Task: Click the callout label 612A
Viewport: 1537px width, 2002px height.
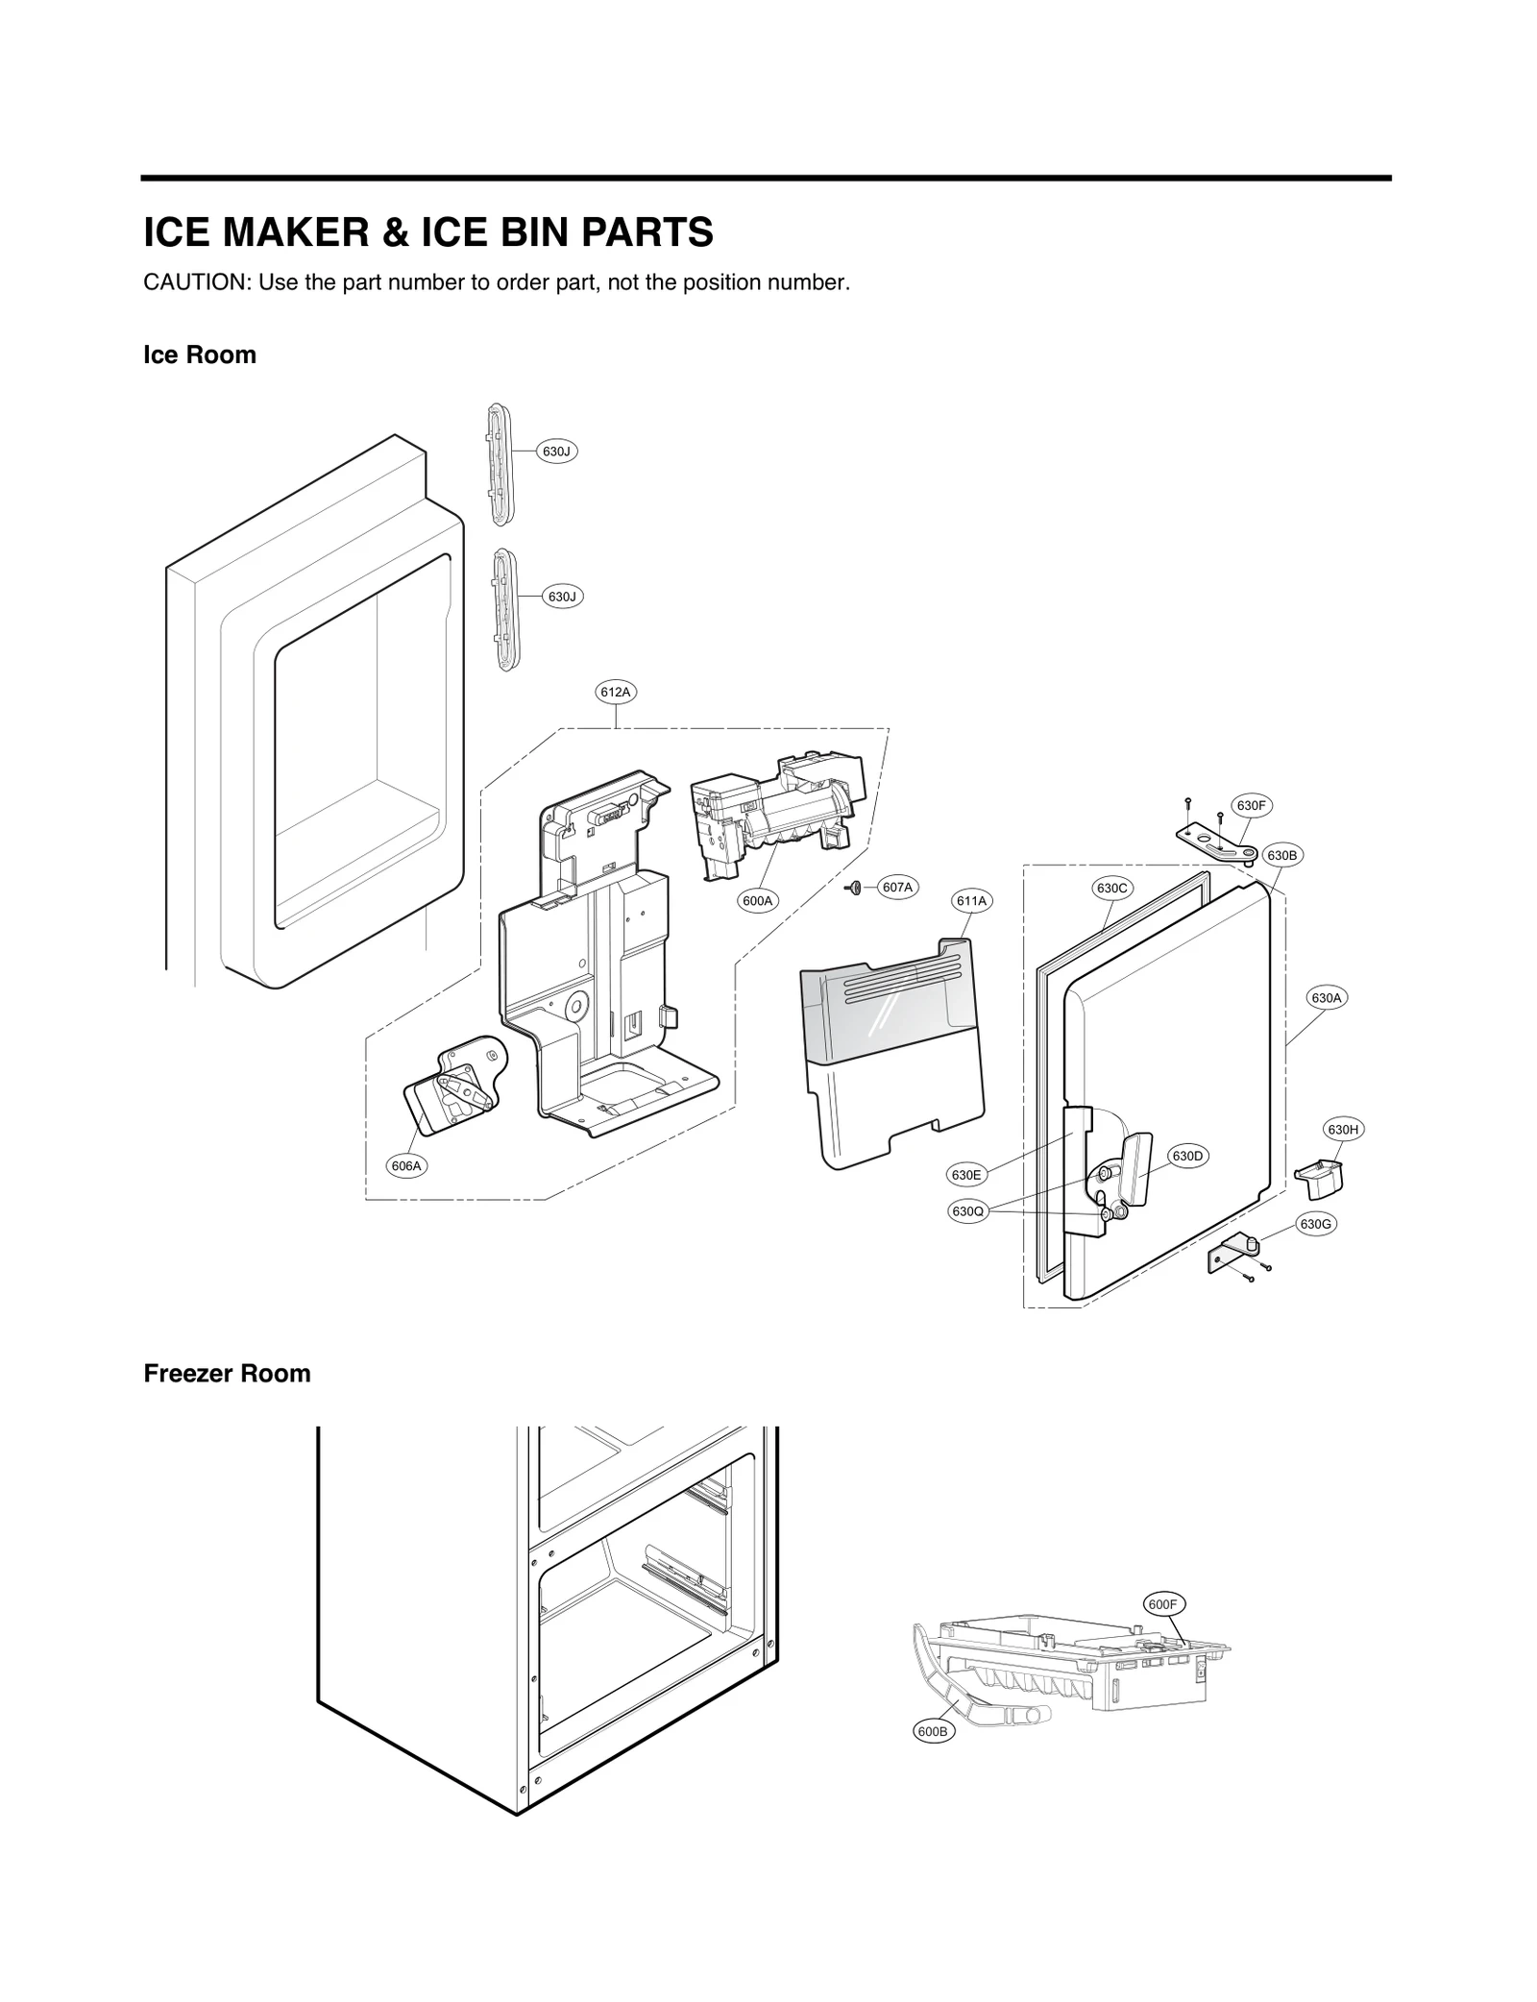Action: pos(615,692)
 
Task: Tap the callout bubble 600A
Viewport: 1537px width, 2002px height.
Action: pos(758,901)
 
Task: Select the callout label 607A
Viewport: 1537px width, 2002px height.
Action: pos(897,888)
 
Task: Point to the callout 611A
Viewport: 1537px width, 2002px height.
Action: pos(971,901)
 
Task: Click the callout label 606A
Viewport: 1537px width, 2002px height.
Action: pos(406,1166)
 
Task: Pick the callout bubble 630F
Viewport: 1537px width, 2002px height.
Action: pos(1251,806)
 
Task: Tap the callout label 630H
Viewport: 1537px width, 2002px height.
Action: pos(1343,1130)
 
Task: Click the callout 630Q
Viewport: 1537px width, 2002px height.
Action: pos(968,1211)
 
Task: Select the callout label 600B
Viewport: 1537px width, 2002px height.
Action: pos(932,1732)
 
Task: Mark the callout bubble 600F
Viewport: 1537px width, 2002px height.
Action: pos(1162,1604)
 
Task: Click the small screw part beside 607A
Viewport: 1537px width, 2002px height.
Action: pos(854,888)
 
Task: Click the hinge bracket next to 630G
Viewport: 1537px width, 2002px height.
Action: pos(1232,1257)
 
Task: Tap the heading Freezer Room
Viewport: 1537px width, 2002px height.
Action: pos(227,1374)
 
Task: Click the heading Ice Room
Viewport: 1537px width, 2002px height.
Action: pos(200,355)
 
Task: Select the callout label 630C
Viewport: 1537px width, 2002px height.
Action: pos(1111,889)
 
